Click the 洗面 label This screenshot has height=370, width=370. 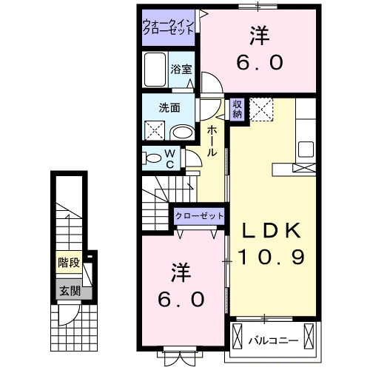[169, 107]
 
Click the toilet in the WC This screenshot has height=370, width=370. [152, 158]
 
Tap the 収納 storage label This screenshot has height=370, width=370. [237, 110]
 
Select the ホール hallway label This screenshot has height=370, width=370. [212, 140]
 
